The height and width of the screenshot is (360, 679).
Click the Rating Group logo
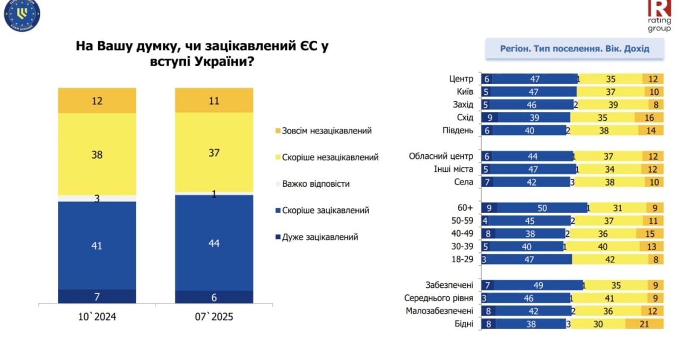[x=659, y=15]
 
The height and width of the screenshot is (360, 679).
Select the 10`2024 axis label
[x=97, y=317]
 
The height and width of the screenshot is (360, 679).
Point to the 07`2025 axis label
[x=214, y=317]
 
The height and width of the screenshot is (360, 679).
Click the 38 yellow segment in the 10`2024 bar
[x=97, y=155]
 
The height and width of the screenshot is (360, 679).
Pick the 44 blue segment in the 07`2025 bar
[x=214, y=243]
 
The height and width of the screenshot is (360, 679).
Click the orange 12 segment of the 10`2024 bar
[x=97, y=100]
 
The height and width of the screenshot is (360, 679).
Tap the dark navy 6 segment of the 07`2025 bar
[x=214, y=297]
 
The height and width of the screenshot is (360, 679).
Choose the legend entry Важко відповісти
[x=316, y=184]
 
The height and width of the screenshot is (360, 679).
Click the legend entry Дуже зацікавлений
[x=320, y=237]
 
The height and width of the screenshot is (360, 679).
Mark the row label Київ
[x=464, y=92]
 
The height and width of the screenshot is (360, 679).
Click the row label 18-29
[x=462, y=260]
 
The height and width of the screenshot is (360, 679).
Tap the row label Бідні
[x=464, y=324]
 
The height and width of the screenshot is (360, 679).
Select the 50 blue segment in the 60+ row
[x=542, y=208]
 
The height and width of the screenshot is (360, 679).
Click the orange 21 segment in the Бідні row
[x=644, y=324]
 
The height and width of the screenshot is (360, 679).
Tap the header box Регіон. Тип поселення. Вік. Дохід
[x=574, y=49]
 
